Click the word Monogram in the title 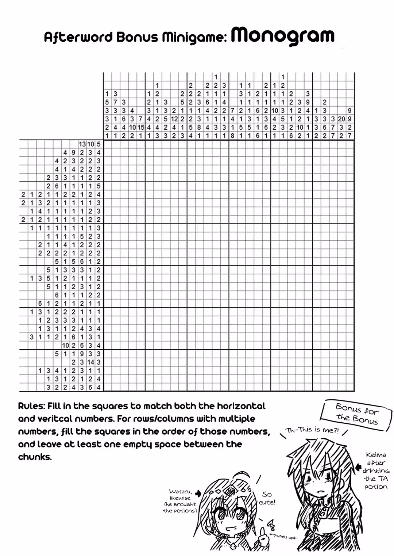point(283,36)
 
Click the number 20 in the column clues point(341,119)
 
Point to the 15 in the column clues point(140,127)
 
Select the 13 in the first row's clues point(82,144)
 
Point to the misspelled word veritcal point(54,419)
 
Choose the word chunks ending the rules point(35,457)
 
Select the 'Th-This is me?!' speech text point(313,430)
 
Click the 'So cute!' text point(267,498)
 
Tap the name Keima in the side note point(376,455)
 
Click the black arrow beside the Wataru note point(198,493)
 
